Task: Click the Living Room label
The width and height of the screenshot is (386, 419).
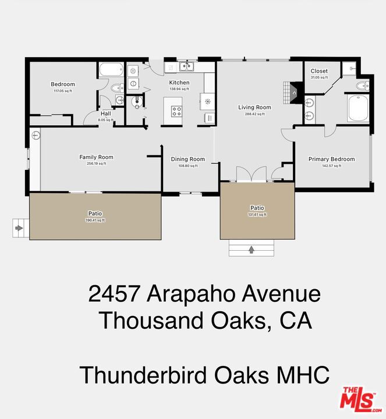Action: (254, 107)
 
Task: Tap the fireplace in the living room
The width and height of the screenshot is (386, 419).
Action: (294, 91)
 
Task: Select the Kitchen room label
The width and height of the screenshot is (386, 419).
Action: (179, 83)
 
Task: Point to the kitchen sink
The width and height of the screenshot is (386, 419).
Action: (186, 66)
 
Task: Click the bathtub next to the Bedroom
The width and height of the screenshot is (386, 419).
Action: (110, 70)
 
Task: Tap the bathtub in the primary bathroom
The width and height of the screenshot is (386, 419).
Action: (356, 108)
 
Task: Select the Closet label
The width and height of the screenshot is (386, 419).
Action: (318, 71)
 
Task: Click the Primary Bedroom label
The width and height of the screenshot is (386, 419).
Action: (331, 159)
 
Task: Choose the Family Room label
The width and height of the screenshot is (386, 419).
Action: (96, 157)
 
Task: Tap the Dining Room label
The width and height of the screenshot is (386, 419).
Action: (187, 159)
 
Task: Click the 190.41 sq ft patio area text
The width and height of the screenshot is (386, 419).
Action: (95, 220)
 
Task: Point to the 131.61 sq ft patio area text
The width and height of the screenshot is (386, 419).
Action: (257, 214)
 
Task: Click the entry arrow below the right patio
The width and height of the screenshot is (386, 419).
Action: (252, 250)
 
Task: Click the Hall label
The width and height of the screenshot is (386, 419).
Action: (105, 113)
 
